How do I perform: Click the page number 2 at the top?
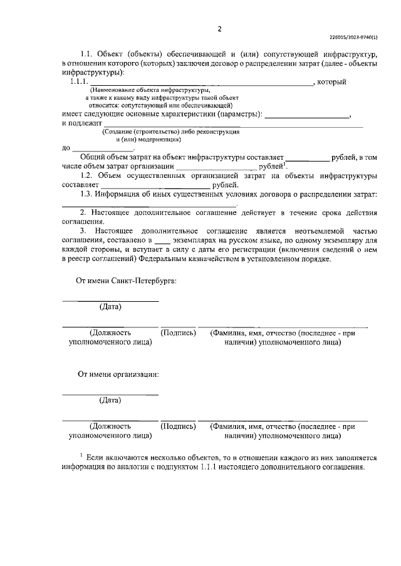pos(219,29)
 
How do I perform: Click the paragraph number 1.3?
pos(87,194)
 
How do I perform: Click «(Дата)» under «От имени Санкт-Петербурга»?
pos(110,306)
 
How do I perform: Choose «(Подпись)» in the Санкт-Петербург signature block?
pos(179,333)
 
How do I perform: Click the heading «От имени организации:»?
pos(118,374)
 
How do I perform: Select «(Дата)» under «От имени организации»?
pos(110,399)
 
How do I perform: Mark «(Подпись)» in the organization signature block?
pos(179,426)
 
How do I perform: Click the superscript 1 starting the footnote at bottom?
pos(81,455)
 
